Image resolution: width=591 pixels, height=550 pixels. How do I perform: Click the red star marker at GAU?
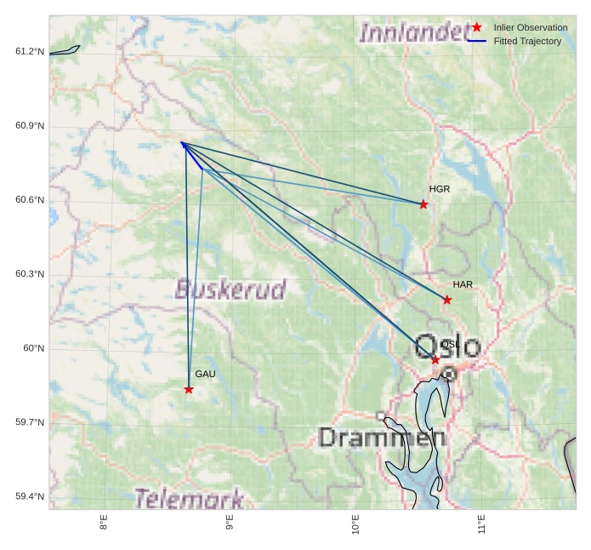[x=189, y=389]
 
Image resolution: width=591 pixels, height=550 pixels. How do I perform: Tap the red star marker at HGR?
[x=423, y=204]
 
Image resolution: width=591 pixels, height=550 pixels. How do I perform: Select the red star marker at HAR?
[x=447, y=300]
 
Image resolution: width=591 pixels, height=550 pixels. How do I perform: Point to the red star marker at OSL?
[x=435, y=360]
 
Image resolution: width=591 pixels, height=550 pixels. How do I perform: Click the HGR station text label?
[x=440, y=189]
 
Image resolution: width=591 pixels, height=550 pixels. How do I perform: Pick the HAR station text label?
[x=463, y=284]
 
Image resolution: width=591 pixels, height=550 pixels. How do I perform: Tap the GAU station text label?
[x=205, y=374]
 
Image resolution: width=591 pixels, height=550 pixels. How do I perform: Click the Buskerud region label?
[x=230, y=289]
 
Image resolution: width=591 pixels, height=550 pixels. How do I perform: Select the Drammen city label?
[x=382, y=438]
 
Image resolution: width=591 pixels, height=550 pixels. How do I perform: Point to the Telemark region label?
[x=189, y=499]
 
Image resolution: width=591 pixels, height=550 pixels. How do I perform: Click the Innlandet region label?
[x=413, y=33]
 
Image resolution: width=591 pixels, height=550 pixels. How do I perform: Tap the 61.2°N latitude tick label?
[x=30, y=52]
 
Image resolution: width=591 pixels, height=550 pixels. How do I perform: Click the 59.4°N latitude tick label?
[x=30, y=496]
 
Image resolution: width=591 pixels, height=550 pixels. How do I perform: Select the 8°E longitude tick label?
[x=104, y=523]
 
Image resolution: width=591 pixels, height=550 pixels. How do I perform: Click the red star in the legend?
[x=477, y=27]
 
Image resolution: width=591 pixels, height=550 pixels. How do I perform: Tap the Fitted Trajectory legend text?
[x=527, y=41]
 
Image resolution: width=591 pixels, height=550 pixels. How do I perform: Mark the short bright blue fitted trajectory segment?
[x=191, y=155]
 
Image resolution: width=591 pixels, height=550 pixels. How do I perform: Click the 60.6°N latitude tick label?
[x=30, y=200]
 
